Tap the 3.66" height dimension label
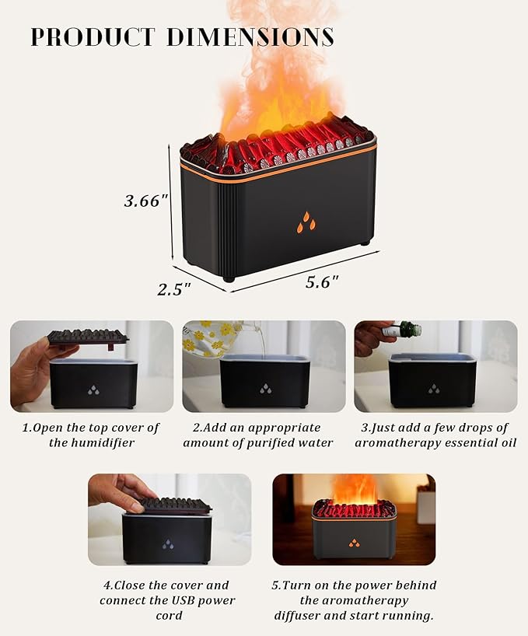pyautogui.click(x=146, y=201)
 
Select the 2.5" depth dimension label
pyautogui.click(x=174, y=289)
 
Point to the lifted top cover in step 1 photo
pyautogui.click(x=87, y=337)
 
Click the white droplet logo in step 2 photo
pyautogui.click(x=265, y=388)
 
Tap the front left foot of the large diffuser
pyautogui.click(x=228, y=278)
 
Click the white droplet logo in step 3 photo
pyautogui.click(x=434, y=388)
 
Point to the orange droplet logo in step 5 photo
pyautogui.click(x=354, y=542)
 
